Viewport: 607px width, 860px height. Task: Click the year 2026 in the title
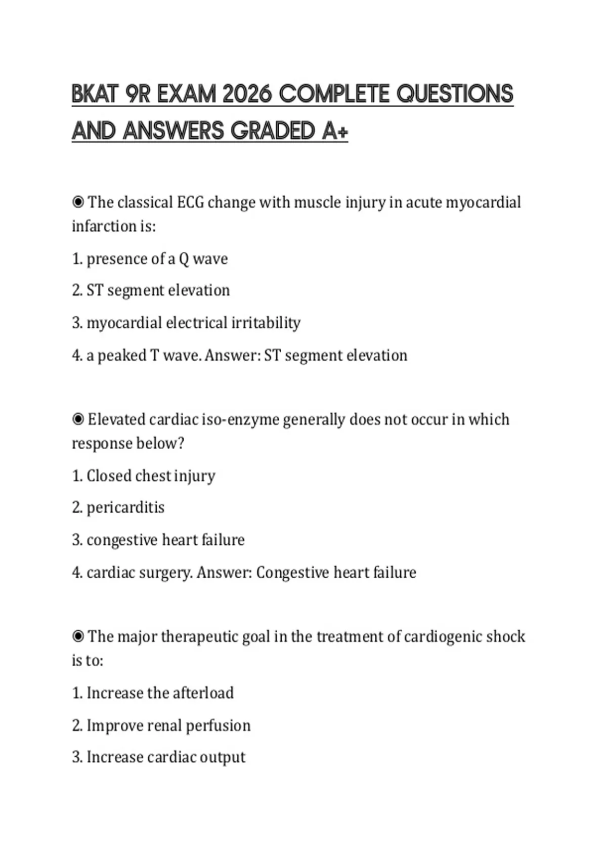(247, 94)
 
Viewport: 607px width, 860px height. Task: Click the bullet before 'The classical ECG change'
(78, 202)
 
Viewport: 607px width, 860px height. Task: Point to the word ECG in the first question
(190, 202)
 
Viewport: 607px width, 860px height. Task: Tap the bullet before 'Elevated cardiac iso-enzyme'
(78, 419)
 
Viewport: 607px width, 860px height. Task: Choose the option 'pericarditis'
(125, 507)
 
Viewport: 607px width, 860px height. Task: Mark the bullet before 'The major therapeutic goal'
(78, 636)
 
